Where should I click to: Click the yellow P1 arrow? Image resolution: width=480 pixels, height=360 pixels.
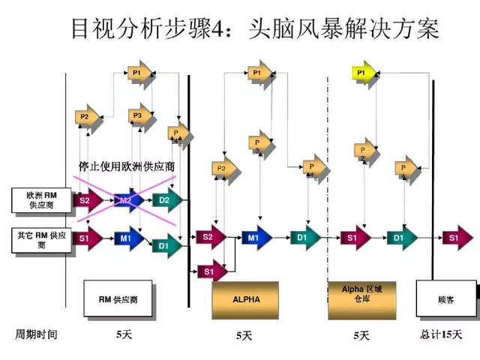click(363, 73)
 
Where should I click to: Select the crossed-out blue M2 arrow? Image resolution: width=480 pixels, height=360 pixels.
click(127, 200)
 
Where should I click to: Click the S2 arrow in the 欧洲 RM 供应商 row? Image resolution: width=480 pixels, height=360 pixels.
click(86, 200)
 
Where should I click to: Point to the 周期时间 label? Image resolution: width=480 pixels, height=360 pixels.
click(37, 333)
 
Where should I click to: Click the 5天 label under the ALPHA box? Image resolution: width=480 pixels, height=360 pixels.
click(244, 334)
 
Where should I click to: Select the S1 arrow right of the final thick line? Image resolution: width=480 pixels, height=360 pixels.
click(452, 238)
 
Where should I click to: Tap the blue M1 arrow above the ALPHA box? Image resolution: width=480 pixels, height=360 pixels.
click(254, 238)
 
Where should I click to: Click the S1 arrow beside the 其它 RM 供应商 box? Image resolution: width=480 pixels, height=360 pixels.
click(86, 239)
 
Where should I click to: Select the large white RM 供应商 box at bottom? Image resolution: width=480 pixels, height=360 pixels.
click(118, 298)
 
